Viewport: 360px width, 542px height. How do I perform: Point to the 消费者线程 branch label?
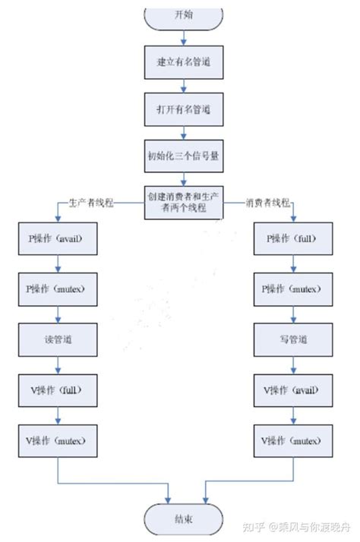(267, 203)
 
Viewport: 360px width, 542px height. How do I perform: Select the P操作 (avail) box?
(59, 238)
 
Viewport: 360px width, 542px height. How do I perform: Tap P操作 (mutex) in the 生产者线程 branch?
(59, 288)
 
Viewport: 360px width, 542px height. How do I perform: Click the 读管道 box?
(59, 339)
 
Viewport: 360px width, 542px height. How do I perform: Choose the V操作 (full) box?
(59, 389)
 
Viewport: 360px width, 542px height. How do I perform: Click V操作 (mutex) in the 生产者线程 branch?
(59, 440)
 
